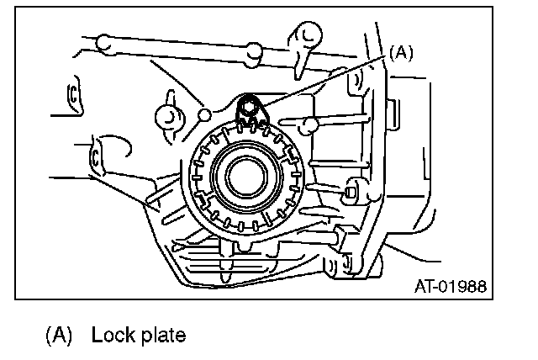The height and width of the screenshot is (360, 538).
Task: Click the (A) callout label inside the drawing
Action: (401, 52)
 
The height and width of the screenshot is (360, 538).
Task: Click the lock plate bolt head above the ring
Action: (249, 106)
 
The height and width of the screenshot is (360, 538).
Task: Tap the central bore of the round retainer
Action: (246, 175)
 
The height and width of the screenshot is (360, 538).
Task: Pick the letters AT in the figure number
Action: (423, 285)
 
